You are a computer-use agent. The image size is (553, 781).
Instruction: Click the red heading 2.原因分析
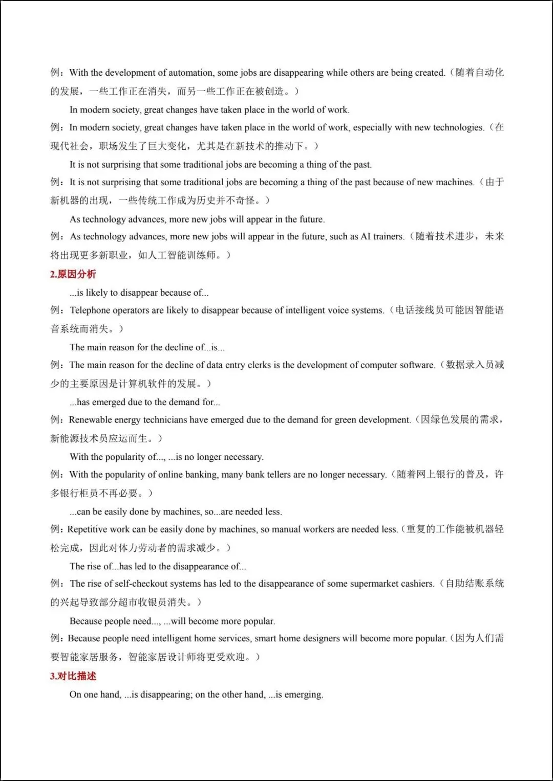(x=73, y=274)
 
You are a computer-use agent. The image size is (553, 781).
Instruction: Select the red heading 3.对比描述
(x=73, y=676)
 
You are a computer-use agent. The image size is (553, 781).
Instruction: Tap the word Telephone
(x=90, y=310)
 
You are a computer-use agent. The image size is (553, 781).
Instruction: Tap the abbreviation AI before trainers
(x=366, y=237)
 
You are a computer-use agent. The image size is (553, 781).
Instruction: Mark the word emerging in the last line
(x=303, y=695)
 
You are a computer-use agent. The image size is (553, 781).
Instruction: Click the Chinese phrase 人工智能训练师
(x=182, y=255)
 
